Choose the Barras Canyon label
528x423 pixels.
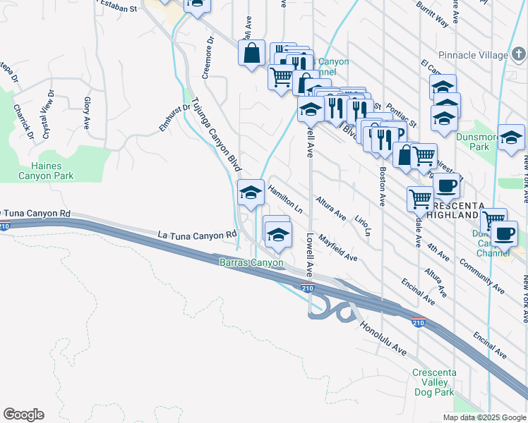251,263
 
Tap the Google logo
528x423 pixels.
23,415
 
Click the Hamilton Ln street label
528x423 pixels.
285,200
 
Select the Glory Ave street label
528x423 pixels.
88,114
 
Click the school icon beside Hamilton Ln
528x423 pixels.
250,192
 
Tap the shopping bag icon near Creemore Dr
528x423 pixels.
251,53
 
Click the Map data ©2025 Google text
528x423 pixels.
484,417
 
